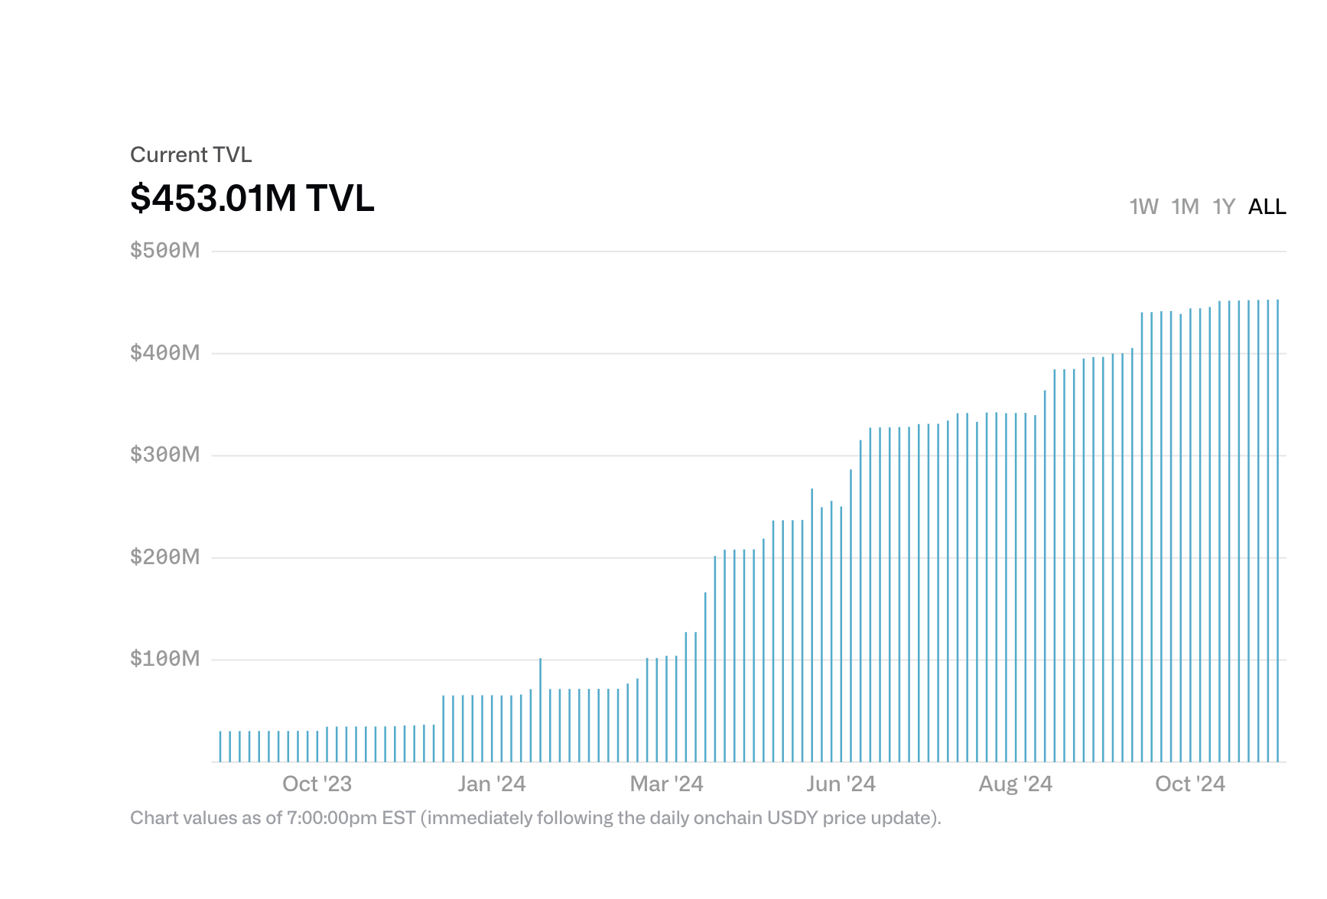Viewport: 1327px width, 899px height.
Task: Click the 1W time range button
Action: (x=1143, y=206)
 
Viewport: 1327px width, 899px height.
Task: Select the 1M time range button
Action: (x=1185, y=206)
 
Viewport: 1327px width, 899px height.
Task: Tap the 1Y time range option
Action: (x=1224, y=206)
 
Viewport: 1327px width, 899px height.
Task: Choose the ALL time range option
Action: (x=1267, y=206)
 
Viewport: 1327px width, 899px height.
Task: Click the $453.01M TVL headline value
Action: (x=252, y=198)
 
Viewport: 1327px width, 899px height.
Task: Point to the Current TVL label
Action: (x=190, y=154)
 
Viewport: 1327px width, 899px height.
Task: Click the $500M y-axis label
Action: (x=165, y=250)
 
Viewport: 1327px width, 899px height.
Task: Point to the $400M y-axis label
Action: (x=165, y=352)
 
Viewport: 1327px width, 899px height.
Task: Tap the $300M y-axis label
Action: (x=165, y=455)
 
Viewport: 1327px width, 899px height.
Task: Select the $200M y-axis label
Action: (x=165, y=557)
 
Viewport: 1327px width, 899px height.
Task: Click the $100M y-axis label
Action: (x=165, y=659)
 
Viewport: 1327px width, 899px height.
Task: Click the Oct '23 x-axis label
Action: (x=317, y=784)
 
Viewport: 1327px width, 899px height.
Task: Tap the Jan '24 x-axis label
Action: (x=492, y=784)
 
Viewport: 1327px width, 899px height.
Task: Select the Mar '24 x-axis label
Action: (x=666, y=784)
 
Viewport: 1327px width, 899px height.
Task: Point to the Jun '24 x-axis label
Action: (x=841, y=784)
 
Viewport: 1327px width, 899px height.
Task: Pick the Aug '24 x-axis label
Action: (x=1016, y=784)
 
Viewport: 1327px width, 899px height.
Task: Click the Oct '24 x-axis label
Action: (x=1190, y=784)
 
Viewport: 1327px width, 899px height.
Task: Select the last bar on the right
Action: (x=1277, y=535)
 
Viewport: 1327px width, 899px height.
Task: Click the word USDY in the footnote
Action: (x=792, y=818)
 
